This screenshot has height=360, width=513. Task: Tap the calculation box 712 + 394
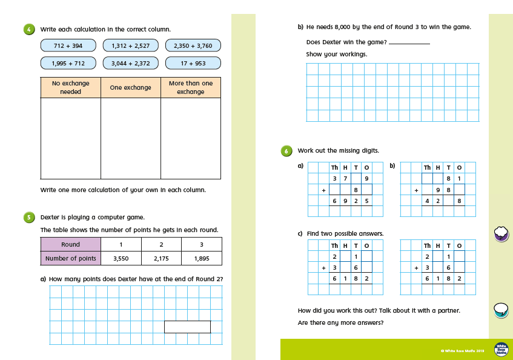coord(68,45)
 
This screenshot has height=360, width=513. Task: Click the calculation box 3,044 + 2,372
coord(130,63)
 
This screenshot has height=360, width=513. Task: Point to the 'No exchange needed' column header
coord(70,87)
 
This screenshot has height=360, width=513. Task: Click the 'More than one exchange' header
coord(191,87)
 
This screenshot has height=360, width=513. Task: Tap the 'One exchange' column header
coord(130,87)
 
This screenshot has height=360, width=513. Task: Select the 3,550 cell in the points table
coord(121,259)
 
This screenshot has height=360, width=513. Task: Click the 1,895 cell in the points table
coord(201,259)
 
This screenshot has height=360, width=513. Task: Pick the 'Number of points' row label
coord(70,259)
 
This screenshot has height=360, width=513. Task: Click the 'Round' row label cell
coord(70,245)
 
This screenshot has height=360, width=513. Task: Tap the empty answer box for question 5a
coord(187,327)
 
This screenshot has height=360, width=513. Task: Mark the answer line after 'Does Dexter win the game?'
coord(409,43)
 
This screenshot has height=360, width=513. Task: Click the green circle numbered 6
coord(286,151)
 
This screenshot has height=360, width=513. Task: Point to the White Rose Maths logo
coord(501,349)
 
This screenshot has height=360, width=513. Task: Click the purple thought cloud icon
coord(501,233)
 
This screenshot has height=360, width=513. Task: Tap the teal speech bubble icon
coord(501,310)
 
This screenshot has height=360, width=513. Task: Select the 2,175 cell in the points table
coord(161,259)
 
